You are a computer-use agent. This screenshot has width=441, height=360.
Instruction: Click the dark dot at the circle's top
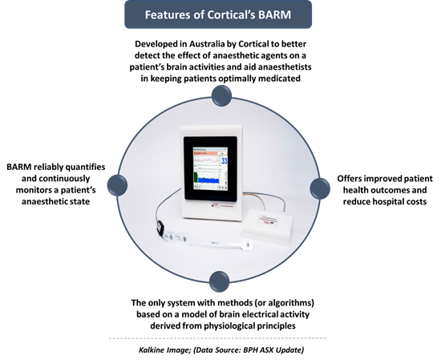(221, 95)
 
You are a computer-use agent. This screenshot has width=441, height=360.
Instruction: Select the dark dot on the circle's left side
(117, 185)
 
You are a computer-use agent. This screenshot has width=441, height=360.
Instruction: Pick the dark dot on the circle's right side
(320, 188)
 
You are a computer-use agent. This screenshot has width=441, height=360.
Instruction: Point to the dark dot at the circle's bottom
(220, 281)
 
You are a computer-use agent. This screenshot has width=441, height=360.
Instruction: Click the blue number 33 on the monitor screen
(225, 161)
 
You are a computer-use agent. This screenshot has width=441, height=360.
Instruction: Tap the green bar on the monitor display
(196, 177)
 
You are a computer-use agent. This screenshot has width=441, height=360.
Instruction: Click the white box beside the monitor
(268, 226)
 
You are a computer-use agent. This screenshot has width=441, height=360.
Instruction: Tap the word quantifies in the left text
(85, 167)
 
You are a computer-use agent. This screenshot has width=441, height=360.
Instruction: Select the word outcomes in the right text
(393, 190)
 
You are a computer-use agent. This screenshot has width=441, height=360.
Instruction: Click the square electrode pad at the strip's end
(248, 245)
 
